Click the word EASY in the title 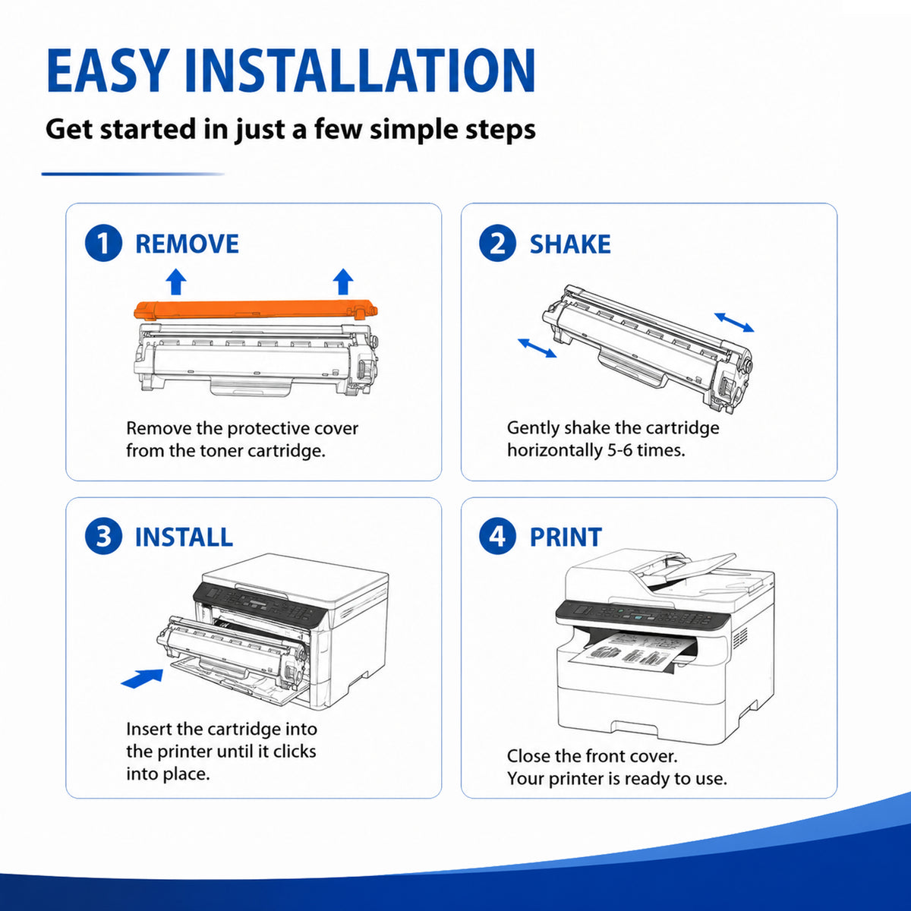pyautogui.click(x=109, y=70)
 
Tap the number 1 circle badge pyautogui.click(x=103, y=243)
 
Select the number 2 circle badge pyautogui.click(x=497, y=243)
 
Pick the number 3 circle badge pyautogui.click(x=103, y=536)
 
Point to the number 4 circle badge pyautogui.click(x=497, y=536)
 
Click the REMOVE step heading pyautogui.click(x=188, y=244)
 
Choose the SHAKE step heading pyautogui.click(x=570, y=244)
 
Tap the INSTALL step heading pyautogui.click(x=184, y=537)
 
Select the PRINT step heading pyautogui.click(x=566, y=537)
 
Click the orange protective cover pyautogui.click(x=255, y=310)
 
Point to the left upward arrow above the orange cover pyautogui.click(x=176, y=282)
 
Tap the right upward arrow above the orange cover pyautogui.click(x=343, y=282)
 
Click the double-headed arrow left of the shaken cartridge pyautogui.click(x=537, y=348)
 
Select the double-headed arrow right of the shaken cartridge pyautogui.click(x=734, y=322)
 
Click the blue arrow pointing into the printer pyautogui.click(x=142, y=678)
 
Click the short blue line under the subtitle pyautogui.click(x=133, y=174)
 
